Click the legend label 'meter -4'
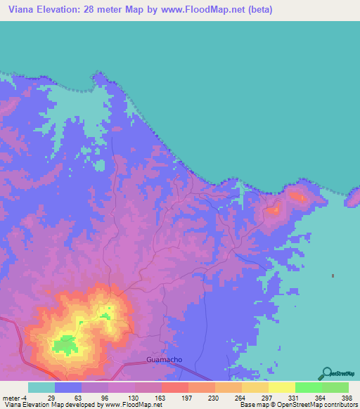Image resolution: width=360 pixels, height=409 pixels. [x=16, y=398]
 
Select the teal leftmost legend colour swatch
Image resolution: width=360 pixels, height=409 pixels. [x=41, y=387]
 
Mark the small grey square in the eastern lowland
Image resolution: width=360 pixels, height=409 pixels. [x=333, y=275]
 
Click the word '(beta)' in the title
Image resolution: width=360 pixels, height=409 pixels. [x=257, y=10]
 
